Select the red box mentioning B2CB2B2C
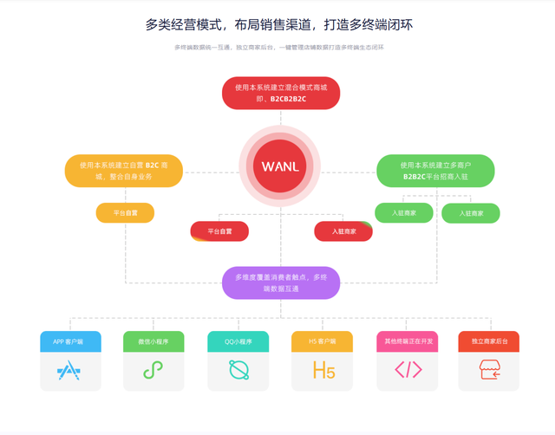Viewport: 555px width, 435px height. (281, 93)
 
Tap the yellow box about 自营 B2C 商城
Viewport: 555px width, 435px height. (112, 171)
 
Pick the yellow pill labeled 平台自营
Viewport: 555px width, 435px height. (125, 212)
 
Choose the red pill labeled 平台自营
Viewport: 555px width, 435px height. (219, 231)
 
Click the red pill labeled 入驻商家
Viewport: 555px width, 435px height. (343, 231)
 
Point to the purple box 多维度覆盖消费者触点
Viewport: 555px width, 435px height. (281, 282)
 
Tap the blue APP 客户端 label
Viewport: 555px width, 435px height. (70, 341)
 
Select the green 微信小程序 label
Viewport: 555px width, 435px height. (153, 341)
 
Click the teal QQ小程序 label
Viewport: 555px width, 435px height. (238, 341)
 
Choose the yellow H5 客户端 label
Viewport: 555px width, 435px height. (323, 341)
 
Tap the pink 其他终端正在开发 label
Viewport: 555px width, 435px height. (407, 341)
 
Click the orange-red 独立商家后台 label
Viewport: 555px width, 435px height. (489, 341)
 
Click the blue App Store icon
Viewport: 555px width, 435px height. (69, 371)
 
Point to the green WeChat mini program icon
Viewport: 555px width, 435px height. (153, 371)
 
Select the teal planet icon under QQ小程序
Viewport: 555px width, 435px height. (238, 371)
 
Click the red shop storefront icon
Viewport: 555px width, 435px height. (490, 371)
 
